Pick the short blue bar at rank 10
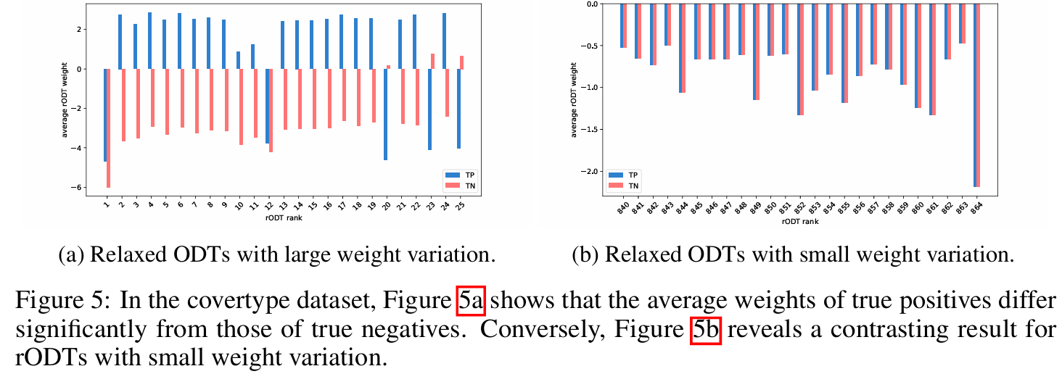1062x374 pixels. click(238, 60)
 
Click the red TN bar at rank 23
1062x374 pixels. click(432, 61)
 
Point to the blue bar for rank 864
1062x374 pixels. click(975, 94)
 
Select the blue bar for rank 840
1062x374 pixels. click(622, 25)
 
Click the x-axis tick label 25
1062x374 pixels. click(460, 207)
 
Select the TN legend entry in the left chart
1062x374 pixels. click(462, 186)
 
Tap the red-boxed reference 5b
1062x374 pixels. click(705, 331)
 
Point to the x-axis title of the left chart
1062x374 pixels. click(280, 217)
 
